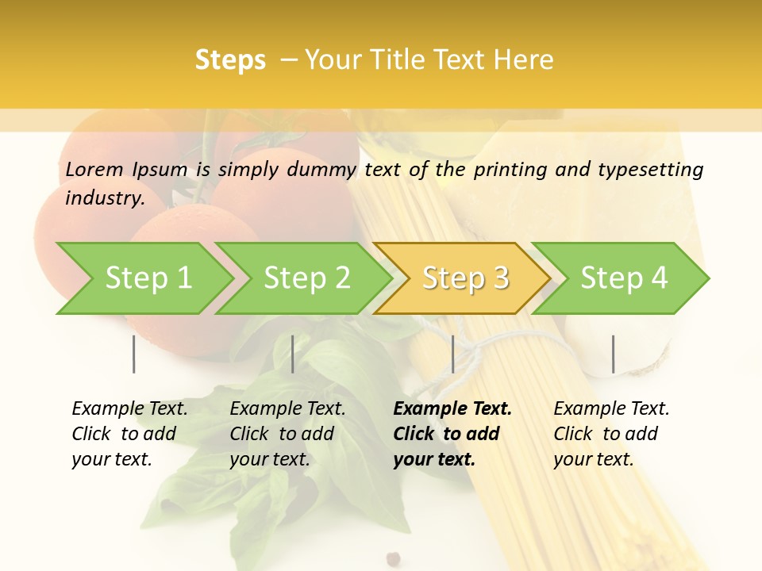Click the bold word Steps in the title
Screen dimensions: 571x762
(230, 60)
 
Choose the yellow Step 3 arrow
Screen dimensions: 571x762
(465, 278)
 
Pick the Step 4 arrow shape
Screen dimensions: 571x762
(624, 278)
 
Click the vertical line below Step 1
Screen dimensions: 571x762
(134, 354)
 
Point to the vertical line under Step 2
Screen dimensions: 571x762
(293, 354)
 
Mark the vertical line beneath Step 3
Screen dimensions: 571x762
(452, 354)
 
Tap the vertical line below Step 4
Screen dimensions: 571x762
(613, 354)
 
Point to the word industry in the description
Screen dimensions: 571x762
(104, 198)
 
